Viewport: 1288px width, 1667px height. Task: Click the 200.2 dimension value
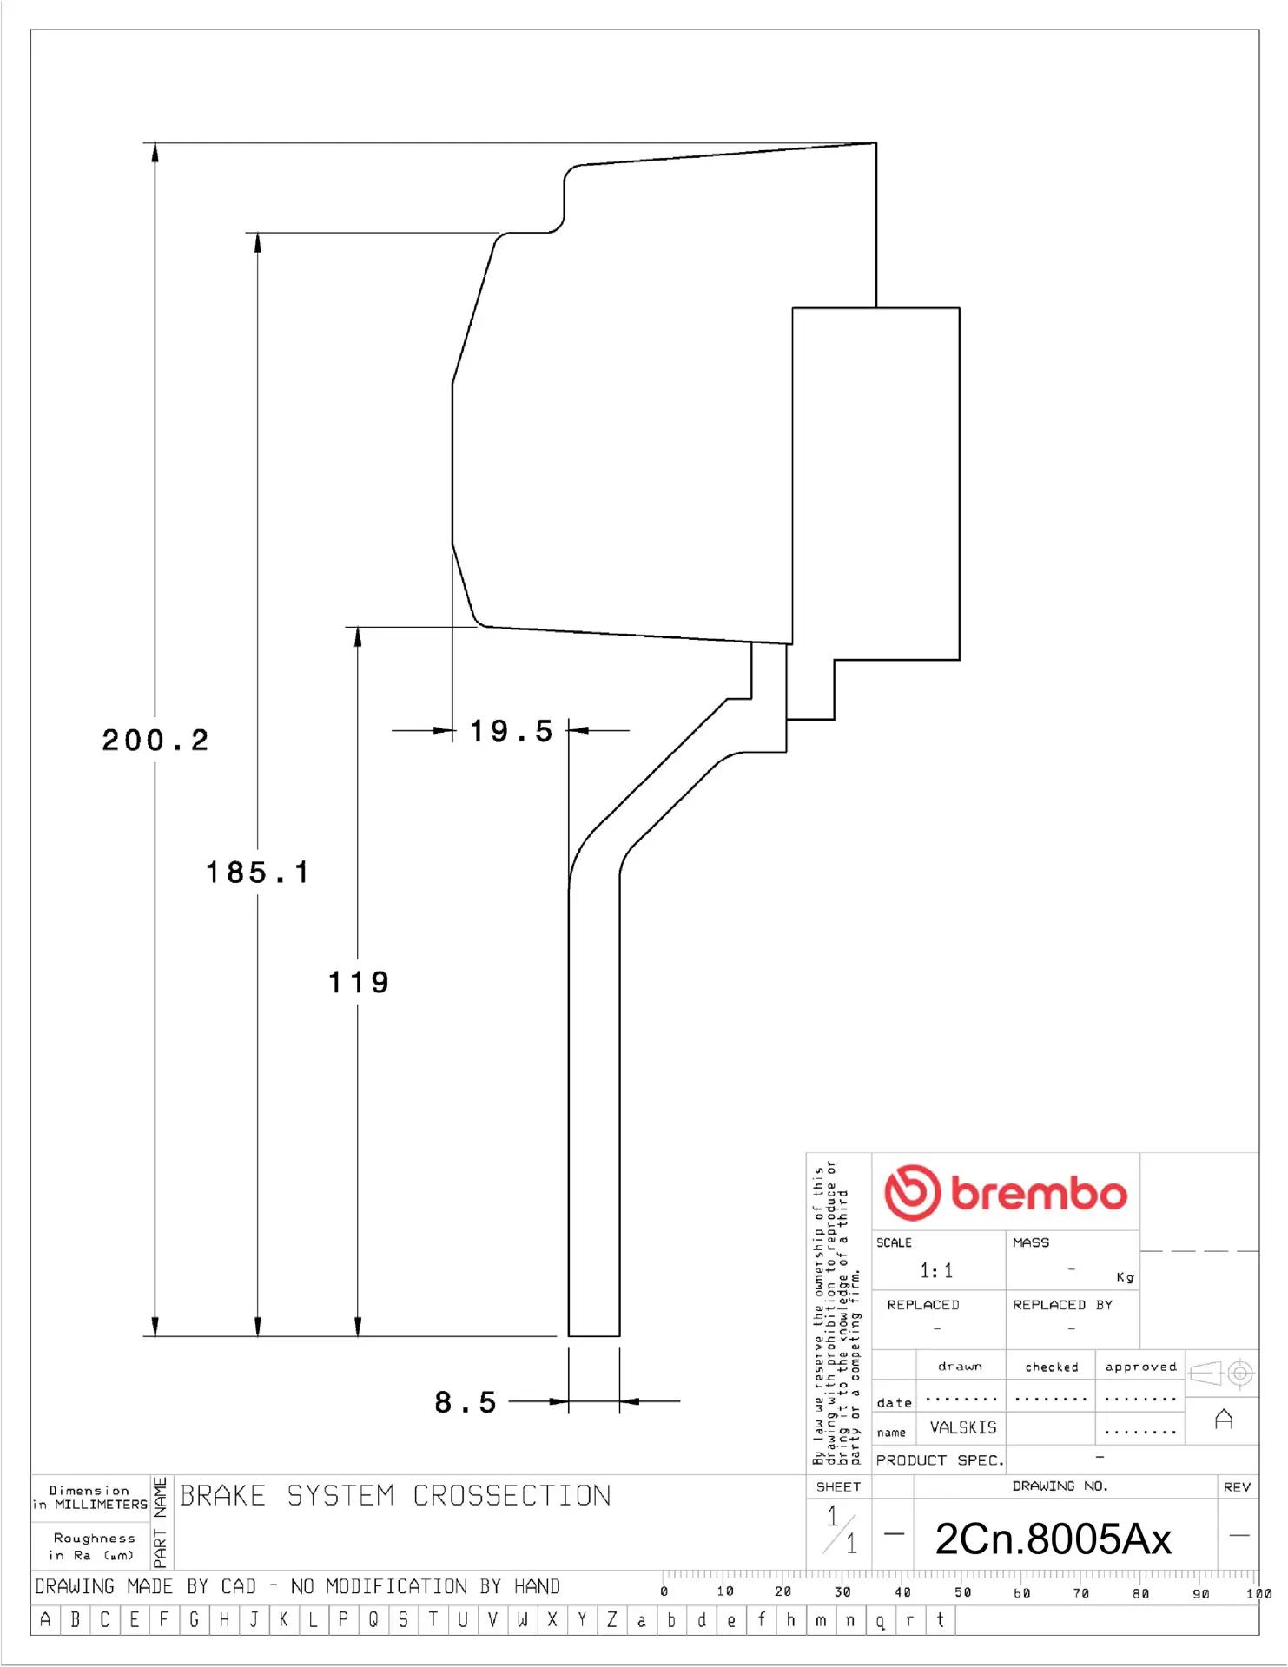tap(155, 741)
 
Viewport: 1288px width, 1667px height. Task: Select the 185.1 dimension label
tap(257, 873)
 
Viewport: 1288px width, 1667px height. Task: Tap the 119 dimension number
tap(359, 983)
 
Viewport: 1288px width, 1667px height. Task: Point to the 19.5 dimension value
tap(511, 731)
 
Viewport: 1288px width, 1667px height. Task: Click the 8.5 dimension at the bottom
tap(466, 1402)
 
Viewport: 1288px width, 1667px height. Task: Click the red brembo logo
tap(1006, 1193)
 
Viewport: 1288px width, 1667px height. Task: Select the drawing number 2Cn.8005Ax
tap(1054, 1539)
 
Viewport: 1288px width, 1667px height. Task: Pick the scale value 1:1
tap(936, 1271)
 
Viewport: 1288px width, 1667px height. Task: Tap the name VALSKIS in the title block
tap(963, 1428)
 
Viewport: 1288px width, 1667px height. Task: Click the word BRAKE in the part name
tap(222, 1496)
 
